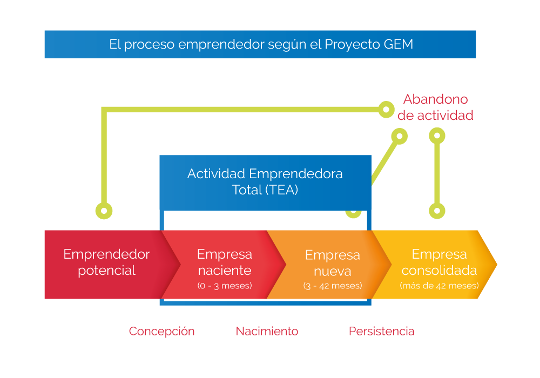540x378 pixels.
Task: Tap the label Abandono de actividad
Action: point(435,107)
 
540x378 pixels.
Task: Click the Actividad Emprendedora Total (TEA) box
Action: point(265,183)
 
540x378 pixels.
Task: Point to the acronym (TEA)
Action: point(282,190)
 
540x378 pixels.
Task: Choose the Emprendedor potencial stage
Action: point(107,264)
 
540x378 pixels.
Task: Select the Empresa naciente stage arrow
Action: point(225,264)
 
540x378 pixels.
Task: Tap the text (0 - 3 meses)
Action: point(225,286)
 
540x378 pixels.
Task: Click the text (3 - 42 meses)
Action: point(332,286)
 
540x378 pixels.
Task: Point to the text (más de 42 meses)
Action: point(439,286)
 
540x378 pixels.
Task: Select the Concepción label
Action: point(161,331)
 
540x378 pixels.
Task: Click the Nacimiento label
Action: point(267,331)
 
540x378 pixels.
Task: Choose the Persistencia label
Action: point(382,331)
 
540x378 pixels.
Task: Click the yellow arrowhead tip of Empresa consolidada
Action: point(497,265)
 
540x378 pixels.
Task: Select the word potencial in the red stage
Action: point(107,271)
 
